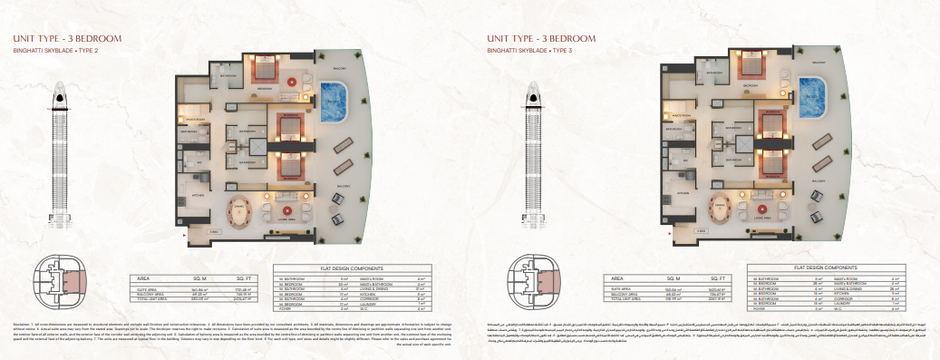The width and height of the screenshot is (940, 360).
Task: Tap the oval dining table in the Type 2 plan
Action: (242, 208)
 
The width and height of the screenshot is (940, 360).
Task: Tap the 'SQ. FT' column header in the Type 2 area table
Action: (241, 278)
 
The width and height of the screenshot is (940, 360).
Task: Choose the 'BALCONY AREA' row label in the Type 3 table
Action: (625, 294)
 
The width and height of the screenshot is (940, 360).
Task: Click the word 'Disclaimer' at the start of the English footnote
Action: (22, 324)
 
